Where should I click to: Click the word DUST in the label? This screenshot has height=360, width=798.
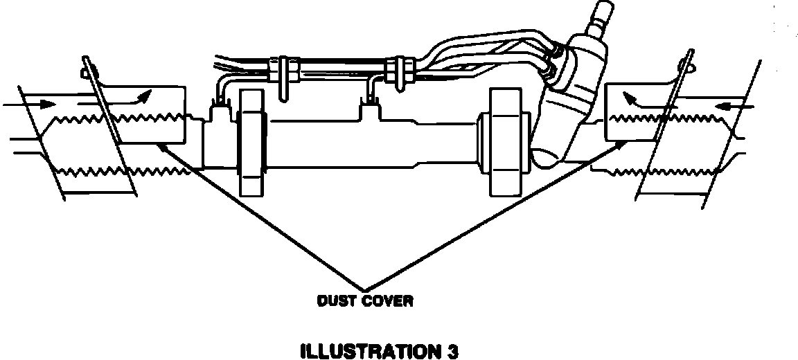334,302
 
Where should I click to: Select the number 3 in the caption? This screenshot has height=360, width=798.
452,351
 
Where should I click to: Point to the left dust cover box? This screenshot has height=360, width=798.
149,114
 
